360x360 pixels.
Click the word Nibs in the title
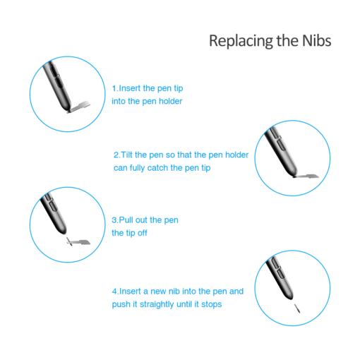click(x=317, y=41)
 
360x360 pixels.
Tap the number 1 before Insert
click(x=114, y=88)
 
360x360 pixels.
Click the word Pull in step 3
click(x=126, y=220)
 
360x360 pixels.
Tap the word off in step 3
click(x=142, y=233)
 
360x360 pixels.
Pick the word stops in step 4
click(x=212, y=304)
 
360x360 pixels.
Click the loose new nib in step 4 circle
click(x=297, y=308)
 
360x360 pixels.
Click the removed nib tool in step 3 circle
click(x=78, y=242)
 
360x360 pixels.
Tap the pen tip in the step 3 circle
click(x=63, y=232)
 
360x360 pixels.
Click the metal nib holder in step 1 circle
click(x=79, y=107)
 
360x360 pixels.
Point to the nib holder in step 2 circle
click(x=306, y=176)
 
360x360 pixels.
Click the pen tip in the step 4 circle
click(x=290, y=297)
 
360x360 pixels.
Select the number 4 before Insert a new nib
click(x=114, y=292)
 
